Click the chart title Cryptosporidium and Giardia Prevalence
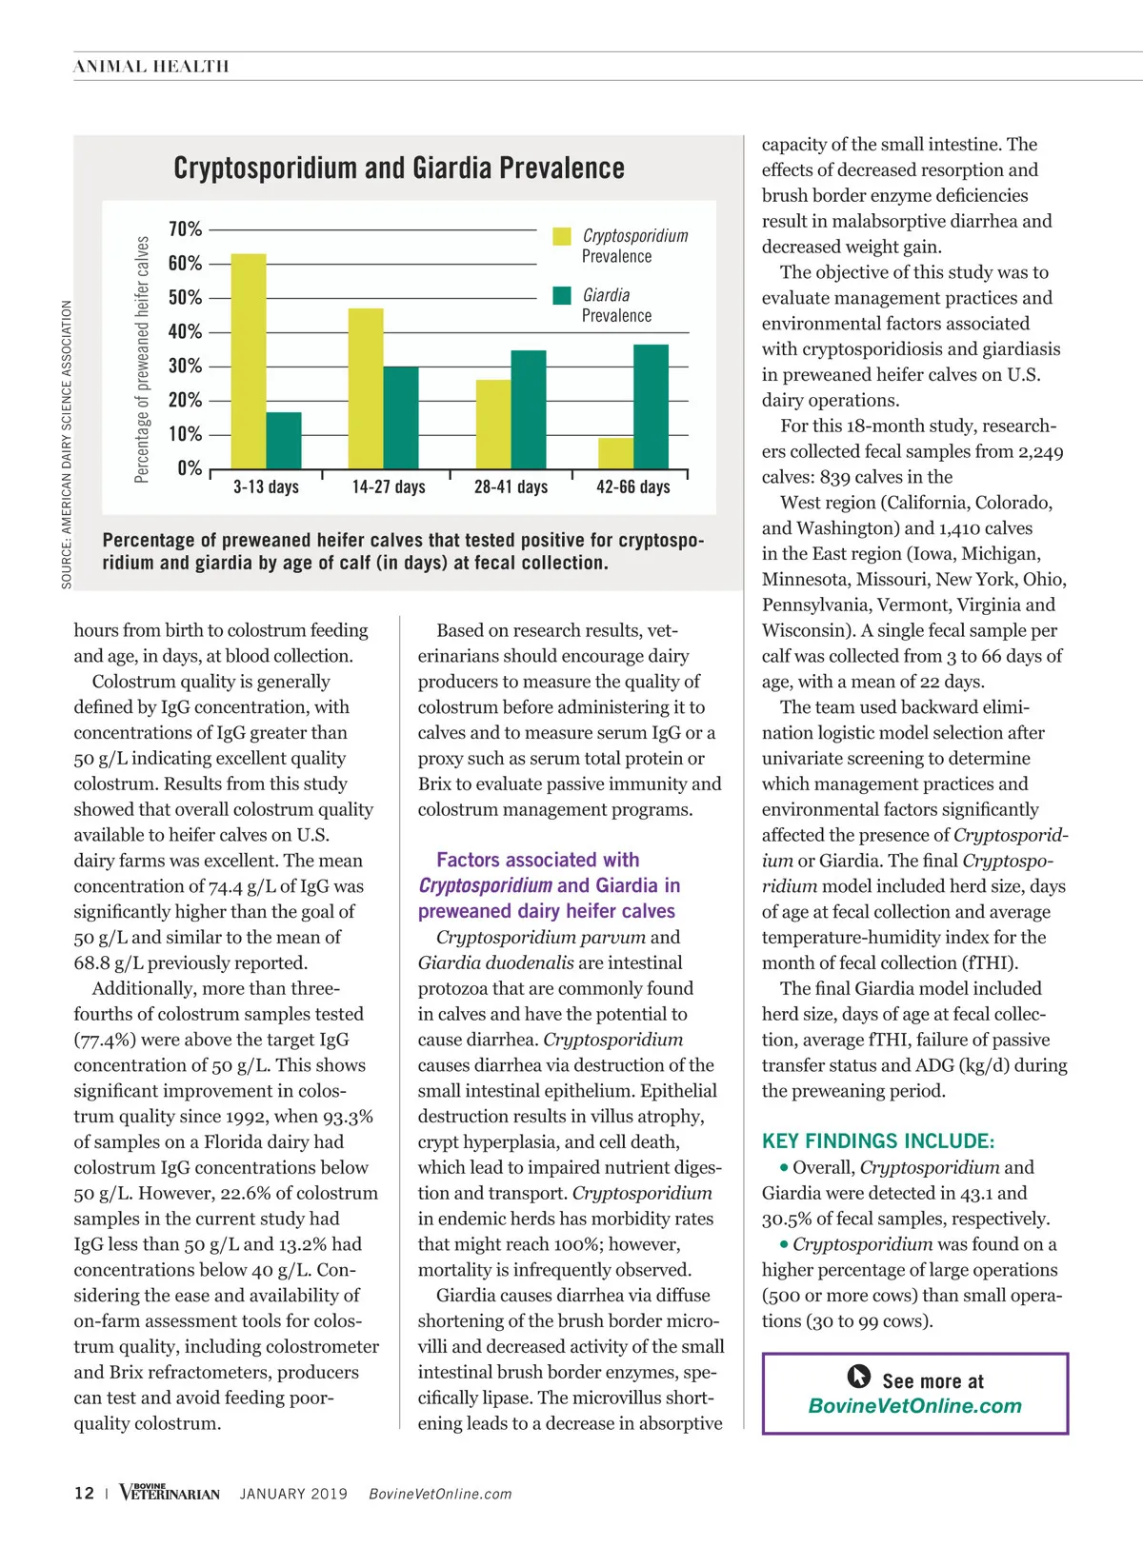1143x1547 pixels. (x=399, y=169)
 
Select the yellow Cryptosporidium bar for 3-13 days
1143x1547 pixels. (x=249, y=362)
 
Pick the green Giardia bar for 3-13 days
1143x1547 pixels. (x=284, y=441)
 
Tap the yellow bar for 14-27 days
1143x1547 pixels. (x=366, y=389)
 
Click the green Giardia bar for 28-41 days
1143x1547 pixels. (x=529, y=410)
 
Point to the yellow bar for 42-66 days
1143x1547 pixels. (x=616, y=453)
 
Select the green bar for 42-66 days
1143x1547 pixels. (x=651, y=407)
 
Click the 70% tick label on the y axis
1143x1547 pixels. (x=185, y=229)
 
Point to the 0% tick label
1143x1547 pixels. (x=190, y=468)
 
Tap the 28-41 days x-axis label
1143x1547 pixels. (x=511, y=487)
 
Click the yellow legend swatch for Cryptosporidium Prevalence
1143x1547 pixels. (x=562, y=236)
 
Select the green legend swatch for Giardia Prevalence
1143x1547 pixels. (x=562, y=295)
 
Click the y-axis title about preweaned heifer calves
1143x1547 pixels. (x=142, y=360)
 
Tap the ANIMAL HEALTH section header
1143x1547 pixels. (x=151, y=67)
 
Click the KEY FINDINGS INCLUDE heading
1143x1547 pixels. (x=878, y=1141)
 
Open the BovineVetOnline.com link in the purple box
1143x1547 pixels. (x=914, y=1406)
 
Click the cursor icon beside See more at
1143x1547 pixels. (x=858, y=1377)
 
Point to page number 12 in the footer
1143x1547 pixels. (x=84, y=1494)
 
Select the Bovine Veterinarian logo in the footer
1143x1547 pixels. (x=170, y=1493)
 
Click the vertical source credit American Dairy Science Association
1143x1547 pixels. (x=67, y=445)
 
